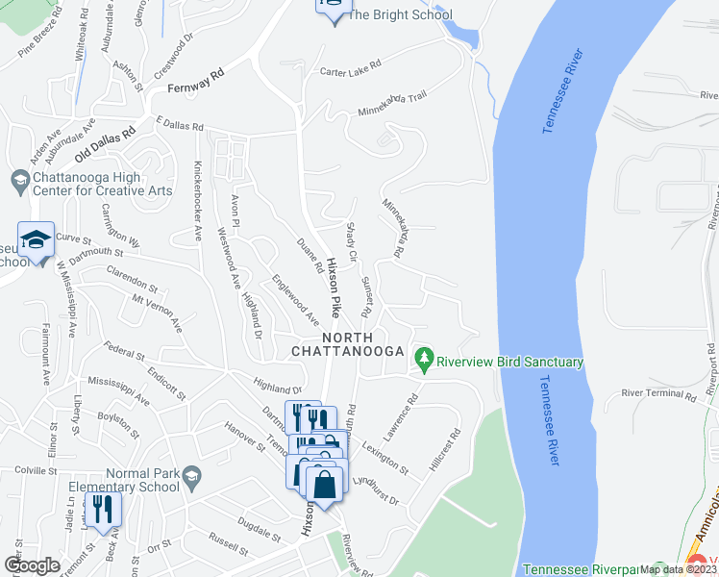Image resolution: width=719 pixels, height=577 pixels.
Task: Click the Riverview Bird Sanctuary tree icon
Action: [x=423, y=362]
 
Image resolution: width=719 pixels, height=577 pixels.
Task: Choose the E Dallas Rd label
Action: [x=180, y=126]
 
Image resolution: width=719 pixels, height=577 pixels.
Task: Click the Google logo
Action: [x=32, y=565]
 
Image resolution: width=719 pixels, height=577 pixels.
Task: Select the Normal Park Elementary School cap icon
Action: [x=191, y=476]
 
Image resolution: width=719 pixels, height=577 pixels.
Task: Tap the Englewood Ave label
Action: [x=296, y=298]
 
